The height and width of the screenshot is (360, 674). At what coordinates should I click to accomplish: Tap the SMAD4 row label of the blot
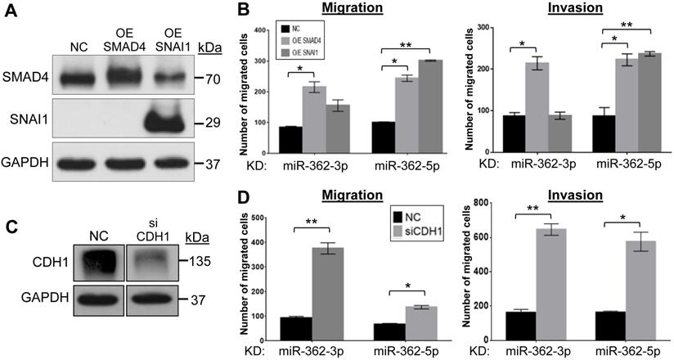coord(25,79)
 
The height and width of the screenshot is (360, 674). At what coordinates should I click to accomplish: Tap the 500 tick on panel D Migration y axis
coord(258,218)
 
